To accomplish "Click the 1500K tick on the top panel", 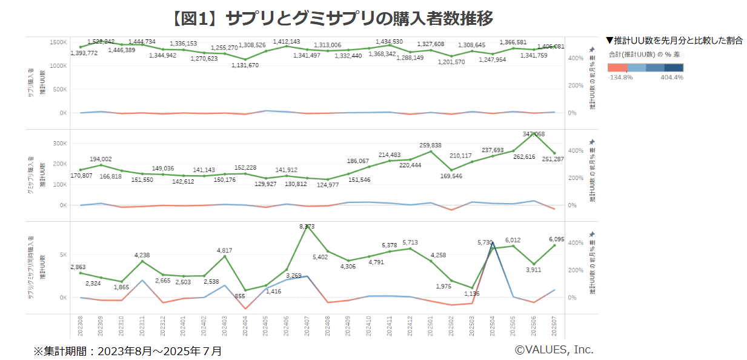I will point(58,42).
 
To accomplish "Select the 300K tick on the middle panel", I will point(60,144).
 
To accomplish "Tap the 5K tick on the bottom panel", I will point(62,255).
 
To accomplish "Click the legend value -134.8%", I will point(620,78).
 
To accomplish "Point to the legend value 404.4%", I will point(671,78).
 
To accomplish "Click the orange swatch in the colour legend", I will point(617,67).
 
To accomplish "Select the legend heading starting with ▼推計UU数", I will point(674,41).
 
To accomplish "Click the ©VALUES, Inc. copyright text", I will point(554,350).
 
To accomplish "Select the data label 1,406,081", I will point(551,47).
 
